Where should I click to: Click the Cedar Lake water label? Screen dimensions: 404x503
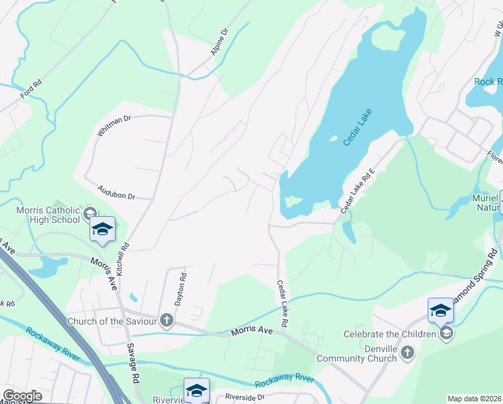pos(357,127)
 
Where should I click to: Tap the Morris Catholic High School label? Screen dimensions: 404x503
pos(48,215)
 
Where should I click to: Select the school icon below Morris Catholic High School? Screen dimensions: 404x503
pos(102,230)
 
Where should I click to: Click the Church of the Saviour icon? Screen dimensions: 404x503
pos(166,321)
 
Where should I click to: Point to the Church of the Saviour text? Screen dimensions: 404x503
pos(112,321)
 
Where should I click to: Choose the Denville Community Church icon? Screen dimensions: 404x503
pos(406,353)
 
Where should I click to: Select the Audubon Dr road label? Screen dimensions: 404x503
pos(116,192)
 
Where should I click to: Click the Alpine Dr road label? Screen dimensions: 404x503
pos(219,41)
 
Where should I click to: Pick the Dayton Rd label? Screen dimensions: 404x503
pos(181,286)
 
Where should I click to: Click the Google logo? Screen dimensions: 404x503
pos(22,396)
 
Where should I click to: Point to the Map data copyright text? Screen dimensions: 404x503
pos(474,399)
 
